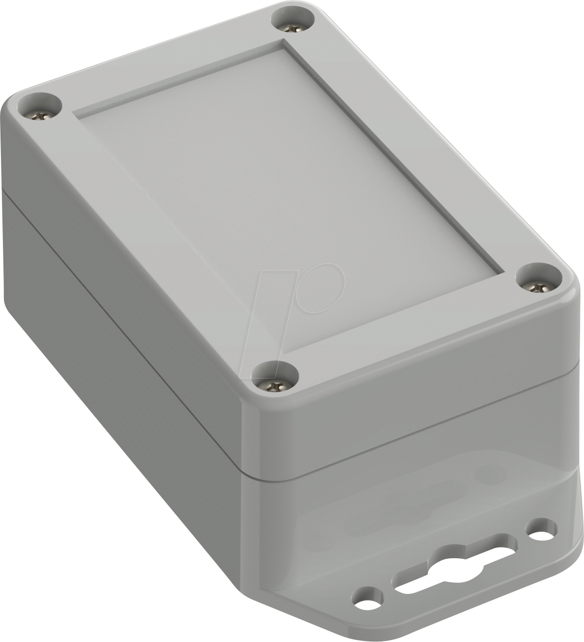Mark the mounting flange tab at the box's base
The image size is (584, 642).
coord(438,599)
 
